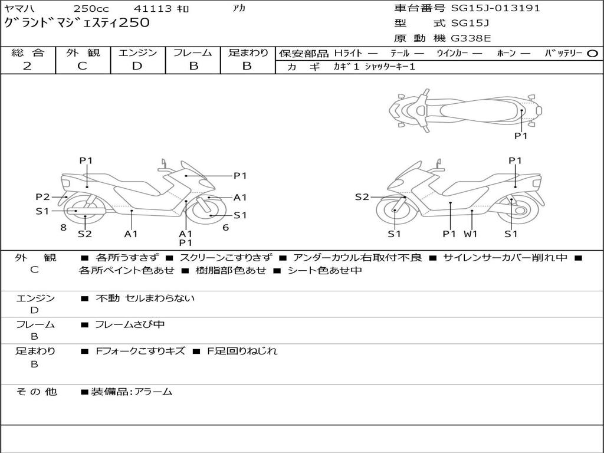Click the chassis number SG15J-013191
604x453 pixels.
(x=495, y=8)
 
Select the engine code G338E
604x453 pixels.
(x=471, y=39)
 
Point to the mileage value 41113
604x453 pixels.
(x=153, y=8)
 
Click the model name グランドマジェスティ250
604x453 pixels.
(x=77, y=24)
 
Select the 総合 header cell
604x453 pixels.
(x=28, y=52)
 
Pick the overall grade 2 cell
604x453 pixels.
(x=28, y=66)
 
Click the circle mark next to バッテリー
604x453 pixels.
(x=593, y=53)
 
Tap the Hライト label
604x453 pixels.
(x=348, y=53)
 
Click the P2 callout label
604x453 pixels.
(x=42, y=197)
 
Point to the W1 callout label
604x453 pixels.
(x=471, y=234)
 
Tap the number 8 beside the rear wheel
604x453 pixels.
(x=63, y=227)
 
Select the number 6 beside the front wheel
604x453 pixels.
(x=225, y=227)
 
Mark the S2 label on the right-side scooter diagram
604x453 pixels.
(x=362, y=197)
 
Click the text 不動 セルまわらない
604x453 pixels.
(x=145, y=298)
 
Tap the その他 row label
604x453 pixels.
(x=37, y=392)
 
